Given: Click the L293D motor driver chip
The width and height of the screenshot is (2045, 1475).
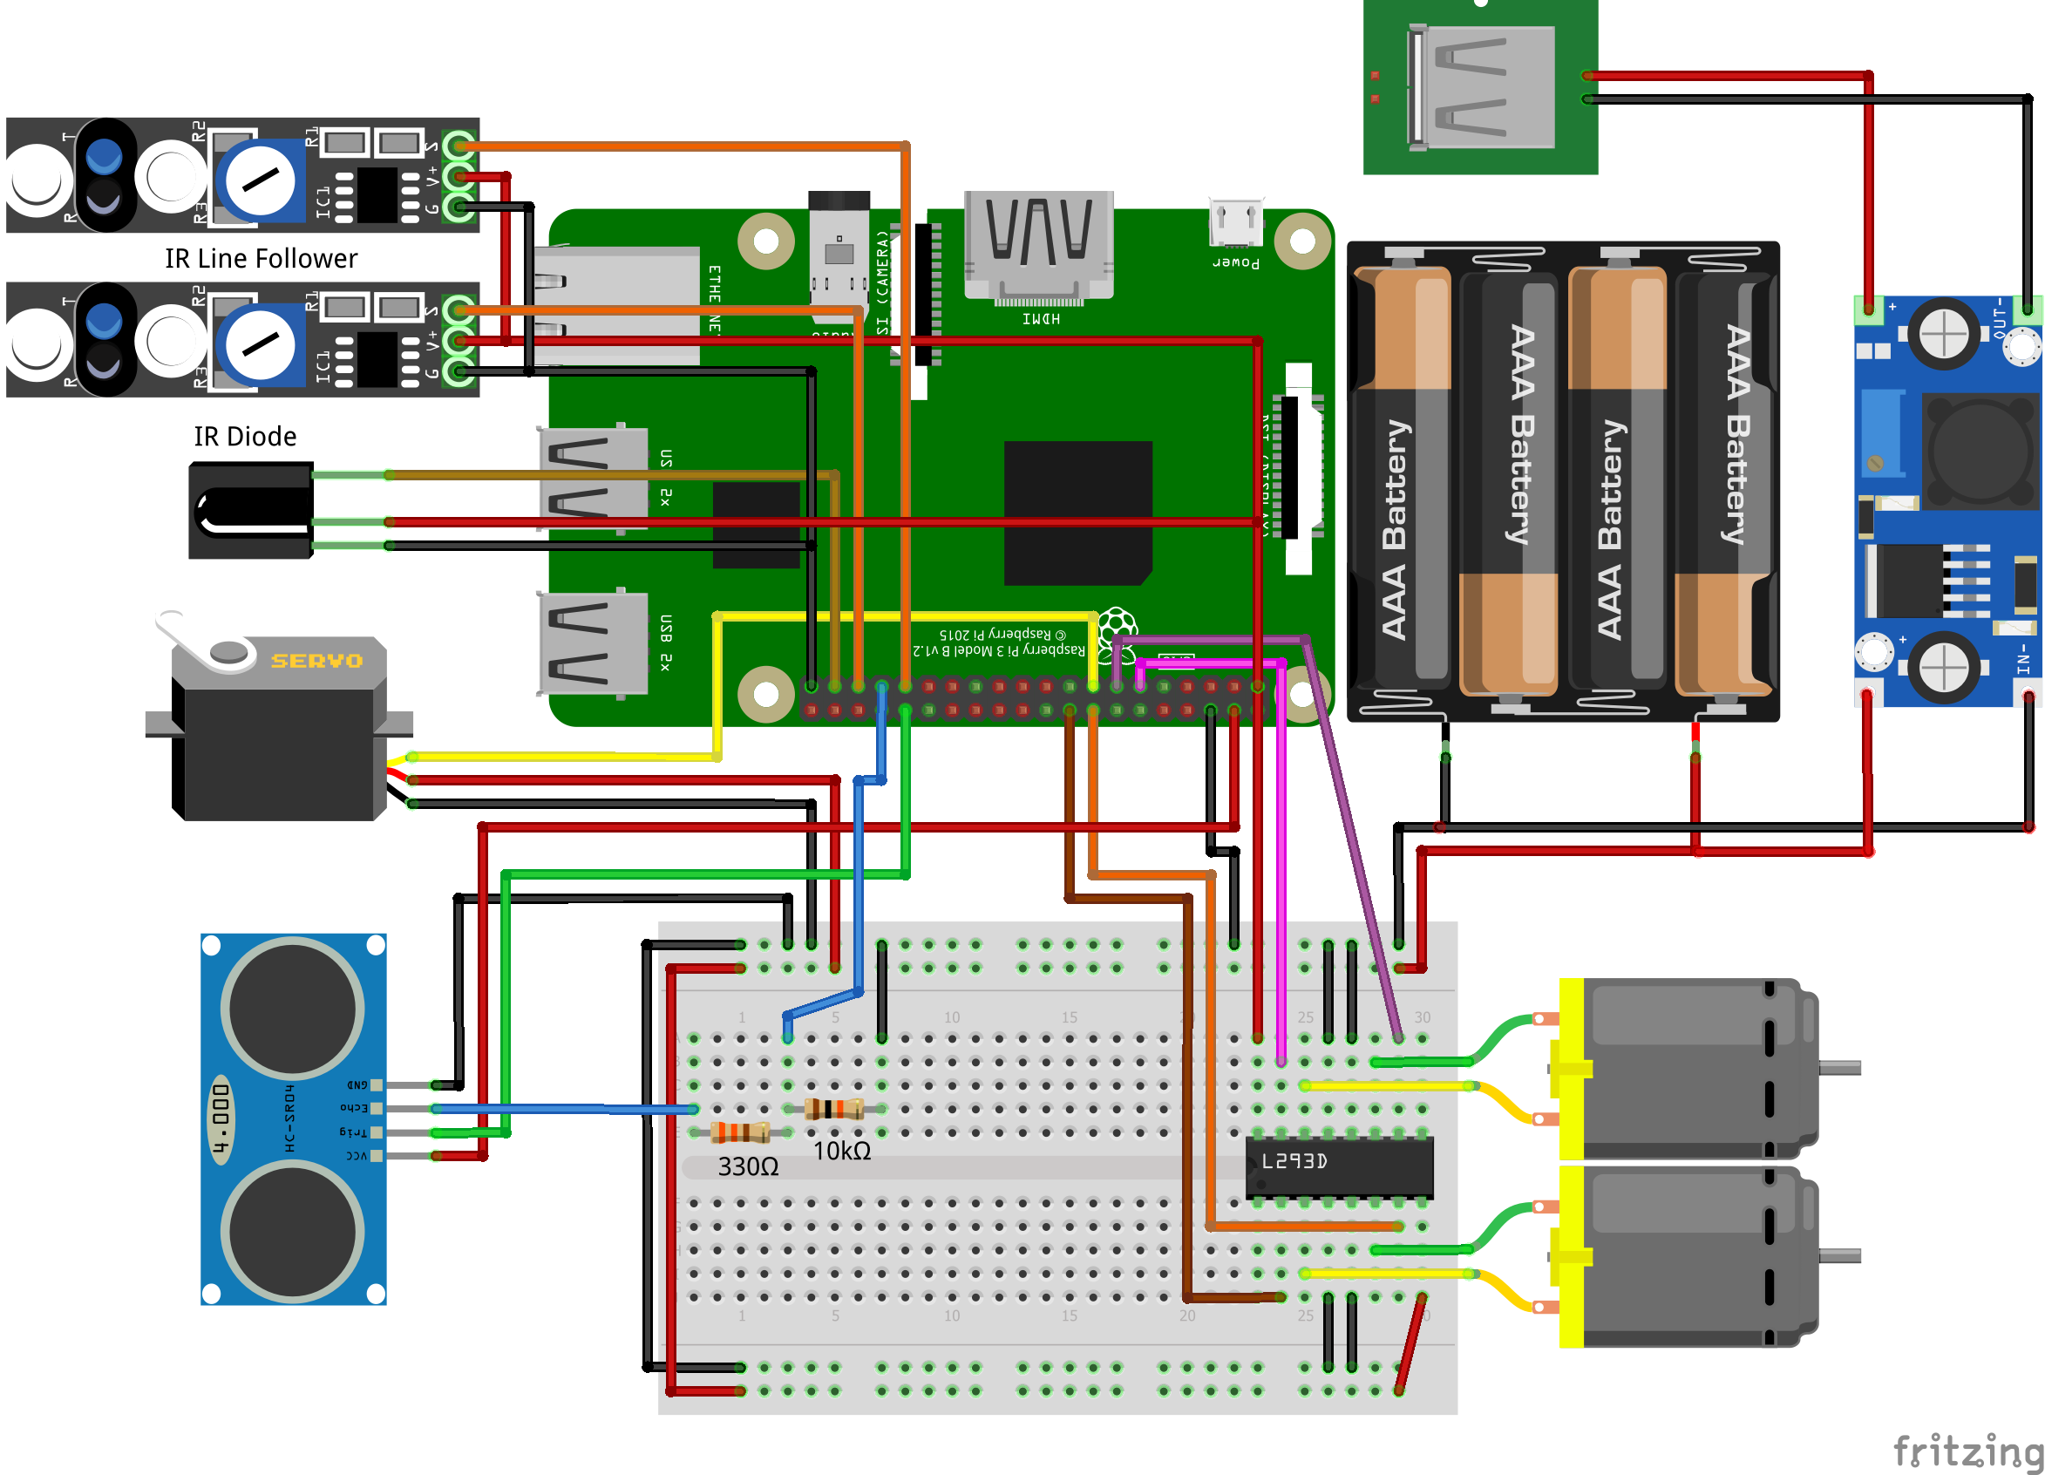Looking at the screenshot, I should [1338, 1166].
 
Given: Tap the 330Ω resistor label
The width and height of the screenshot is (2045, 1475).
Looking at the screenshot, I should [748, 1166].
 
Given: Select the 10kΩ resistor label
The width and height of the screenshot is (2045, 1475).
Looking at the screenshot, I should [841, 1152].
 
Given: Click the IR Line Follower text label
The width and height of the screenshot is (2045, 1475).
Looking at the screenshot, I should [261, 259].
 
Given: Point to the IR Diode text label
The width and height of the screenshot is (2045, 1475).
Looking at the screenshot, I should [244, 437].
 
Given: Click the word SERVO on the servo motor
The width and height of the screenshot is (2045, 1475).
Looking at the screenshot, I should [316, 661].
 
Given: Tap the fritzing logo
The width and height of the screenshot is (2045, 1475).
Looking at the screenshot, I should [1966, 1450].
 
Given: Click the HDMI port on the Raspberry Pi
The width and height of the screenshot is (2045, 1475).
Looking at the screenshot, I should [1039, 243].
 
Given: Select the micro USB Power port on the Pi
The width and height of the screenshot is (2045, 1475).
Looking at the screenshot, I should [1235, 222].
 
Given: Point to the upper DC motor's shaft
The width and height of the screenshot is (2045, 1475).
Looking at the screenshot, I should [1839, 1069].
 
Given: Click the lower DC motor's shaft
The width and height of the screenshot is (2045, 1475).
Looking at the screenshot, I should [1839, 1256].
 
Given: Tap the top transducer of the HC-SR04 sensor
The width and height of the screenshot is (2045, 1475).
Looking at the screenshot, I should [292, 1008].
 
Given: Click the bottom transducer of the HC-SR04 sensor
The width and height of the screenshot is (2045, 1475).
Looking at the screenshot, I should [292, 1231].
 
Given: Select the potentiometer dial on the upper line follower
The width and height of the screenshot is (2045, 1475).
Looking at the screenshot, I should [260, 180].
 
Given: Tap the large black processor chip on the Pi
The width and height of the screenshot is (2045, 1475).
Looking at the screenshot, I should [1077, 512].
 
